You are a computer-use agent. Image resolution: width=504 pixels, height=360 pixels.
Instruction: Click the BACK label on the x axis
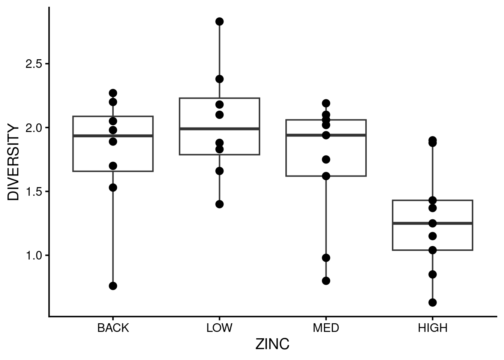click(113, 328)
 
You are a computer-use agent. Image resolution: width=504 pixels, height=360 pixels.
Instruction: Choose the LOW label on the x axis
click(219, 328)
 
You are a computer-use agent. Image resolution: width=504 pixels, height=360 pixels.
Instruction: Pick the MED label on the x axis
click(326, 328)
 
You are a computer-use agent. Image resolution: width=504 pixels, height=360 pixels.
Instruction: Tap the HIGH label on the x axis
click(432, 328)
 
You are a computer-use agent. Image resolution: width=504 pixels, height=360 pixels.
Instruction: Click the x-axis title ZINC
click(272, 345)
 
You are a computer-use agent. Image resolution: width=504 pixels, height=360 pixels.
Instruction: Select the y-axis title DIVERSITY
click(13, 163)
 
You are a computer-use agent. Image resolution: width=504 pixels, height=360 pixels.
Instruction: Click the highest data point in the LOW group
click(219, 21)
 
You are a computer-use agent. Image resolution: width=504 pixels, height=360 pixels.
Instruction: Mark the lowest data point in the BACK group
click(113, 286)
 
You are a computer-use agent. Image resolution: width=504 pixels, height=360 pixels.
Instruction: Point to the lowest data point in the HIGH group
click(432, 302)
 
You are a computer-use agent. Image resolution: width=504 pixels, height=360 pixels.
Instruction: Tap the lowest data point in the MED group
click(326, 280)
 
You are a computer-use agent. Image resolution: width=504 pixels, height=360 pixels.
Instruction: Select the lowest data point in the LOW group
click(219, 204)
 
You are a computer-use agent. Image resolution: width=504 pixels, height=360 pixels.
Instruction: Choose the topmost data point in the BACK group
click(113, 93)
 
